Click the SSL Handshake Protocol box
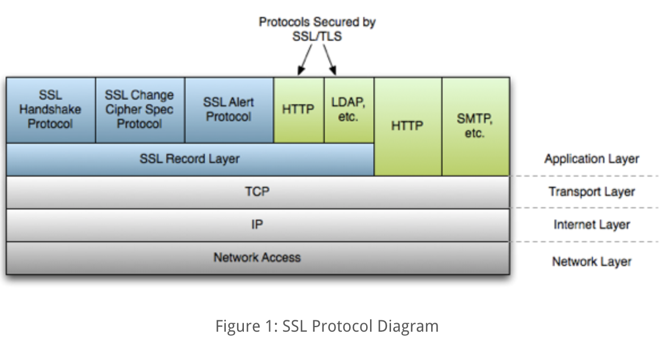point(50,110)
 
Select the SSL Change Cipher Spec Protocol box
point(140,110)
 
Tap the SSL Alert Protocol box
point(229,110)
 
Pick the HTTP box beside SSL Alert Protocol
point(298,110)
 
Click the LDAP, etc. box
point(349,110)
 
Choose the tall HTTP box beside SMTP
point(407,126)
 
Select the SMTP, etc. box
point(475,126)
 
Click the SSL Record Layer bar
point(190,159)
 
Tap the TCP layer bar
point(257,192)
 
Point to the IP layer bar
point(257,225)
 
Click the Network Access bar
point(257,258)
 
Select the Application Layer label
point(591,159)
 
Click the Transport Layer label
point(591,192)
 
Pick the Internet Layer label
point(591,225)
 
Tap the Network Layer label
point(591,262)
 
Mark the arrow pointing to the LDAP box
point(329,60)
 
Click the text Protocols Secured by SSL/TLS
point(317,28)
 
